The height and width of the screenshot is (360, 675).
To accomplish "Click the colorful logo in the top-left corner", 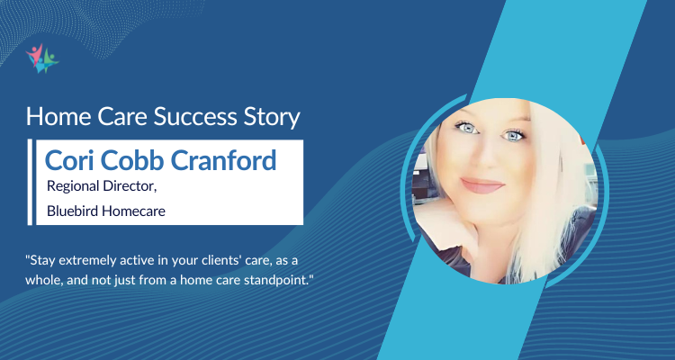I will [x=42, y=58].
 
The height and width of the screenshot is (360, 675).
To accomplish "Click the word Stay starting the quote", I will [x=43, y=257].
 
